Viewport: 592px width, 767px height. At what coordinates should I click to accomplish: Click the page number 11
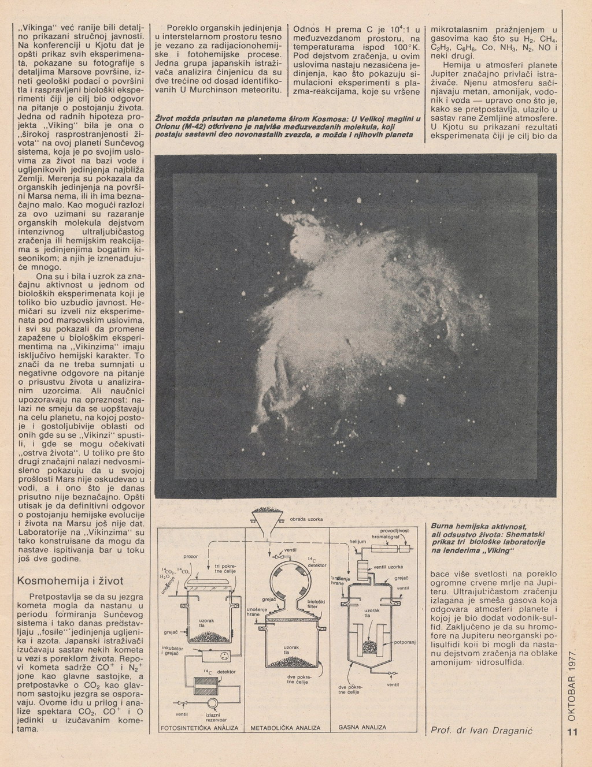click(572, 733)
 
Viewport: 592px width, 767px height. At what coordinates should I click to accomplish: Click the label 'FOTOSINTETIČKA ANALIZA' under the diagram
click(199, 728)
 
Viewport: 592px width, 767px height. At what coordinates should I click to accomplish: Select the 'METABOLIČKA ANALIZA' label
click(285, 728)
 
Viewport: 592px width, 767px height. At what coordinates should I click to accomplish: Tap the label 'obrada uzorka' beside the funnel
click(306, 519)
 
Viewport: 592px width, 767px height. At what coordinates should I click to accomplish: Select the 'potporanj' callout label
click(405, 642)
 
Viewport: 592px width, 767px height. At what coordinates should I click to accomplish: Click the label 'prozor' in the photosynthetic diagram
click(190, 556)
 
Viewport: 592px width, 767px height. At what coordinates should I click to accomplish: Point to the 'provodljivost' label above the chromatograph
click(395, 530)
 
